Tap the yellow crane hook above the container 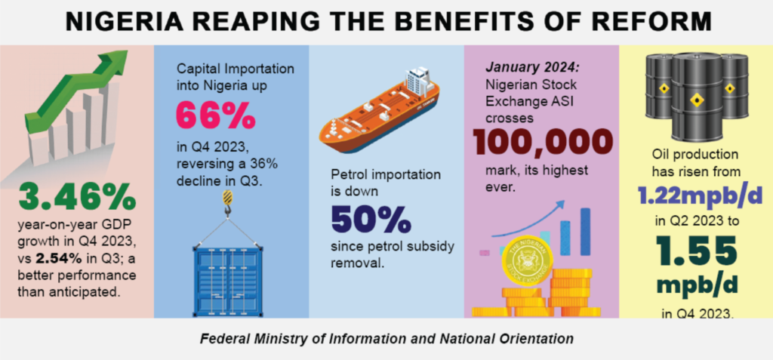point(227,200)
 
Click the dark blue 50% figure point(371,219)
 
